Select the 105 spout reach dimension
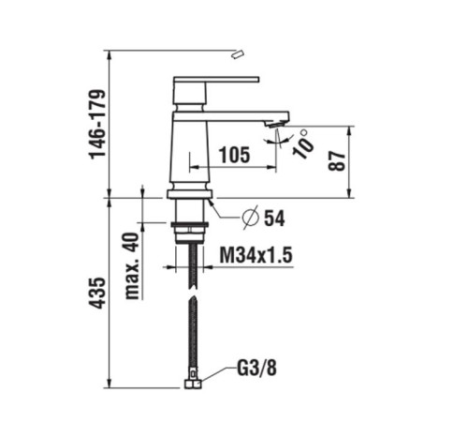(234, 156)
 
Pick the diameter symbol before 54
(250, 219)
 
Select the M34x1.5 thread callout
(258, 254)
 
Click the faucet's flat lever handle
(215, 82)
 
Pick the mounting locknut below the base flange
(190, 227)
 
